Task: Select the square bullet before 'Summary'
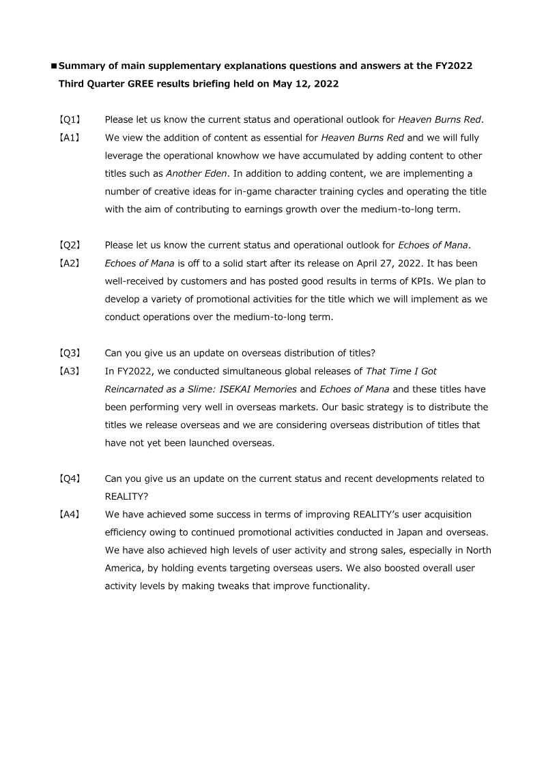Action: click(54, 67)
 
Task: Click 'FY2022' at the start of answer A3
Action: click(133, 371)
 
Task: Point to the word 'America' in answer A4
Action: click(124, 568)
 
